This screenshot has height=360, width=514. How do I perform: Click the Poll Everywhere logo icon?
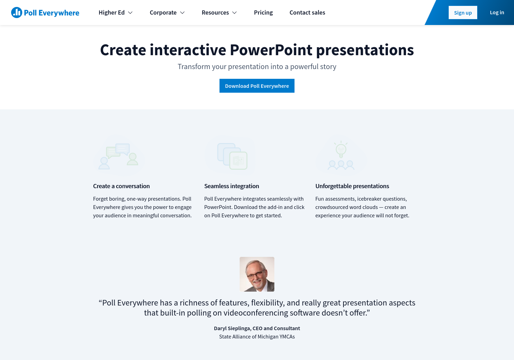pyautogui.click(x=17, y=12)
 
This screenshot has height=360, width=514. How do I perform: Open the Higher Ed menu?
pyautogui.click(x=115, y=12)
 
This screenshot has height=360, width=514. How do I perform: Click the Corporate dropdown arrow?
pyautogui.click(x=182, y=12)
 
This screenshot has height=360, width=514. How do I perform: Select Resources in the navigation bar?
pyautogui.click(x=219, y=12)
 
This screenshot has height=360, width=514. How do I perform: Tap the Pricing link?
pyautogui.click(x=263, y=12)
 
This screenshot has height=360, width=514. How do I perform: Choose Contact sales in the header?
pyautogui.click(x=307, y=12)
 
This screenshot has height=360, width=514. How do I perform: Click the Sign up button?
pyautogui.click(x=463, y=12)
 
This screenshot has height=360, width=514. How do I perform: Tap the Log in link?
pyautogui.click(x=497, y=12)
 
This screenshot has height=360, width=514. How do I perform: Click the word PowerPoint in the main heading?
pyautogui.click(x=271, y=50)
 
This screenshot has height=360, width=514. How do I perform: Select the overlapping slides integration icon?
pyautogui.click(x=232, y=156)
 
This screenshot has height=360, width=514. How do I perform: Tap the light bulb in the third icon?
pyautogui.click(x=341, y=150)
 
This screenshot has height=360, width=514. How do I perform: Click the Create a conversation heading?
pyautogui.click(x=122, y=186)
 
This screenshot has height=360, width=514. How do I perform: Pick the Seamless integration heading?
pyautogui.click(x=232, y=186)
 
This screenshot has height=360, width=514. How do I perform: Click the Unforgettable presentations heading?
pyautogui.click(x=352, y=186)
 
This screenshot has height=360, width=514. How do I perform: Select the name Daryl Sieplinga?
pyautogui.click(x=232, y=328)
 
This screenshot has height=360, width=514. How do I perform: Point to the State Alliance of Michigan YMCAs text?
pyautogui.click(x=257, y=337)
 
